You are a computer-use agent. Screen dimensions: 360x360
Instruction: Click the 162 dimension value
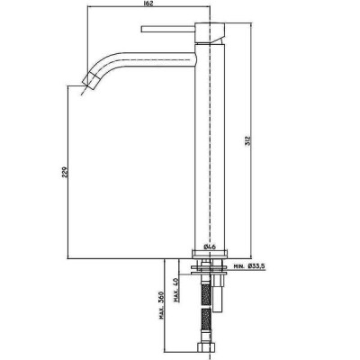tap(148, 4)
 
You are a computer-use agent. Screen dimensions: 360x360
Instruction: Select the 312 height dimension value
tap(247, 140)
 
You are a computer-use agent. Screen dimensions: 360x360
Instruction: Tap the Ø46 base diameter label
tap(210, 247)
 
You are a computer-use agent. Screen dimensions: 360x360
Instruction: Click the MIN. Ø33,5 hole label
tap(250, 265)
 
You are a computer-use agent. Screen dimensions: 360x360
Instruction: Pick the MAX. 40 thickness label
tap(176, 290)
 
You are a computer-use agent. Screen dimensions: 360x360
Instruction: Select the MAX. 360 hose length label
tap(162, 305)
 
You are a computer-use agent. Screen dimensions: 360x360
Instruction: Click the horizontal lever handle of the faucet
tap(168, 29)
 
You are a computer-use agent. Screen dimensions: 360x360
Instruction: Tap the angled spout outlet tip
tap(90, 80)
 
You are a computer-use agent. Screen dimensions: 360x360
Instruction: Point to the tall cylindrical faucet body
tap(210, 147)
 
